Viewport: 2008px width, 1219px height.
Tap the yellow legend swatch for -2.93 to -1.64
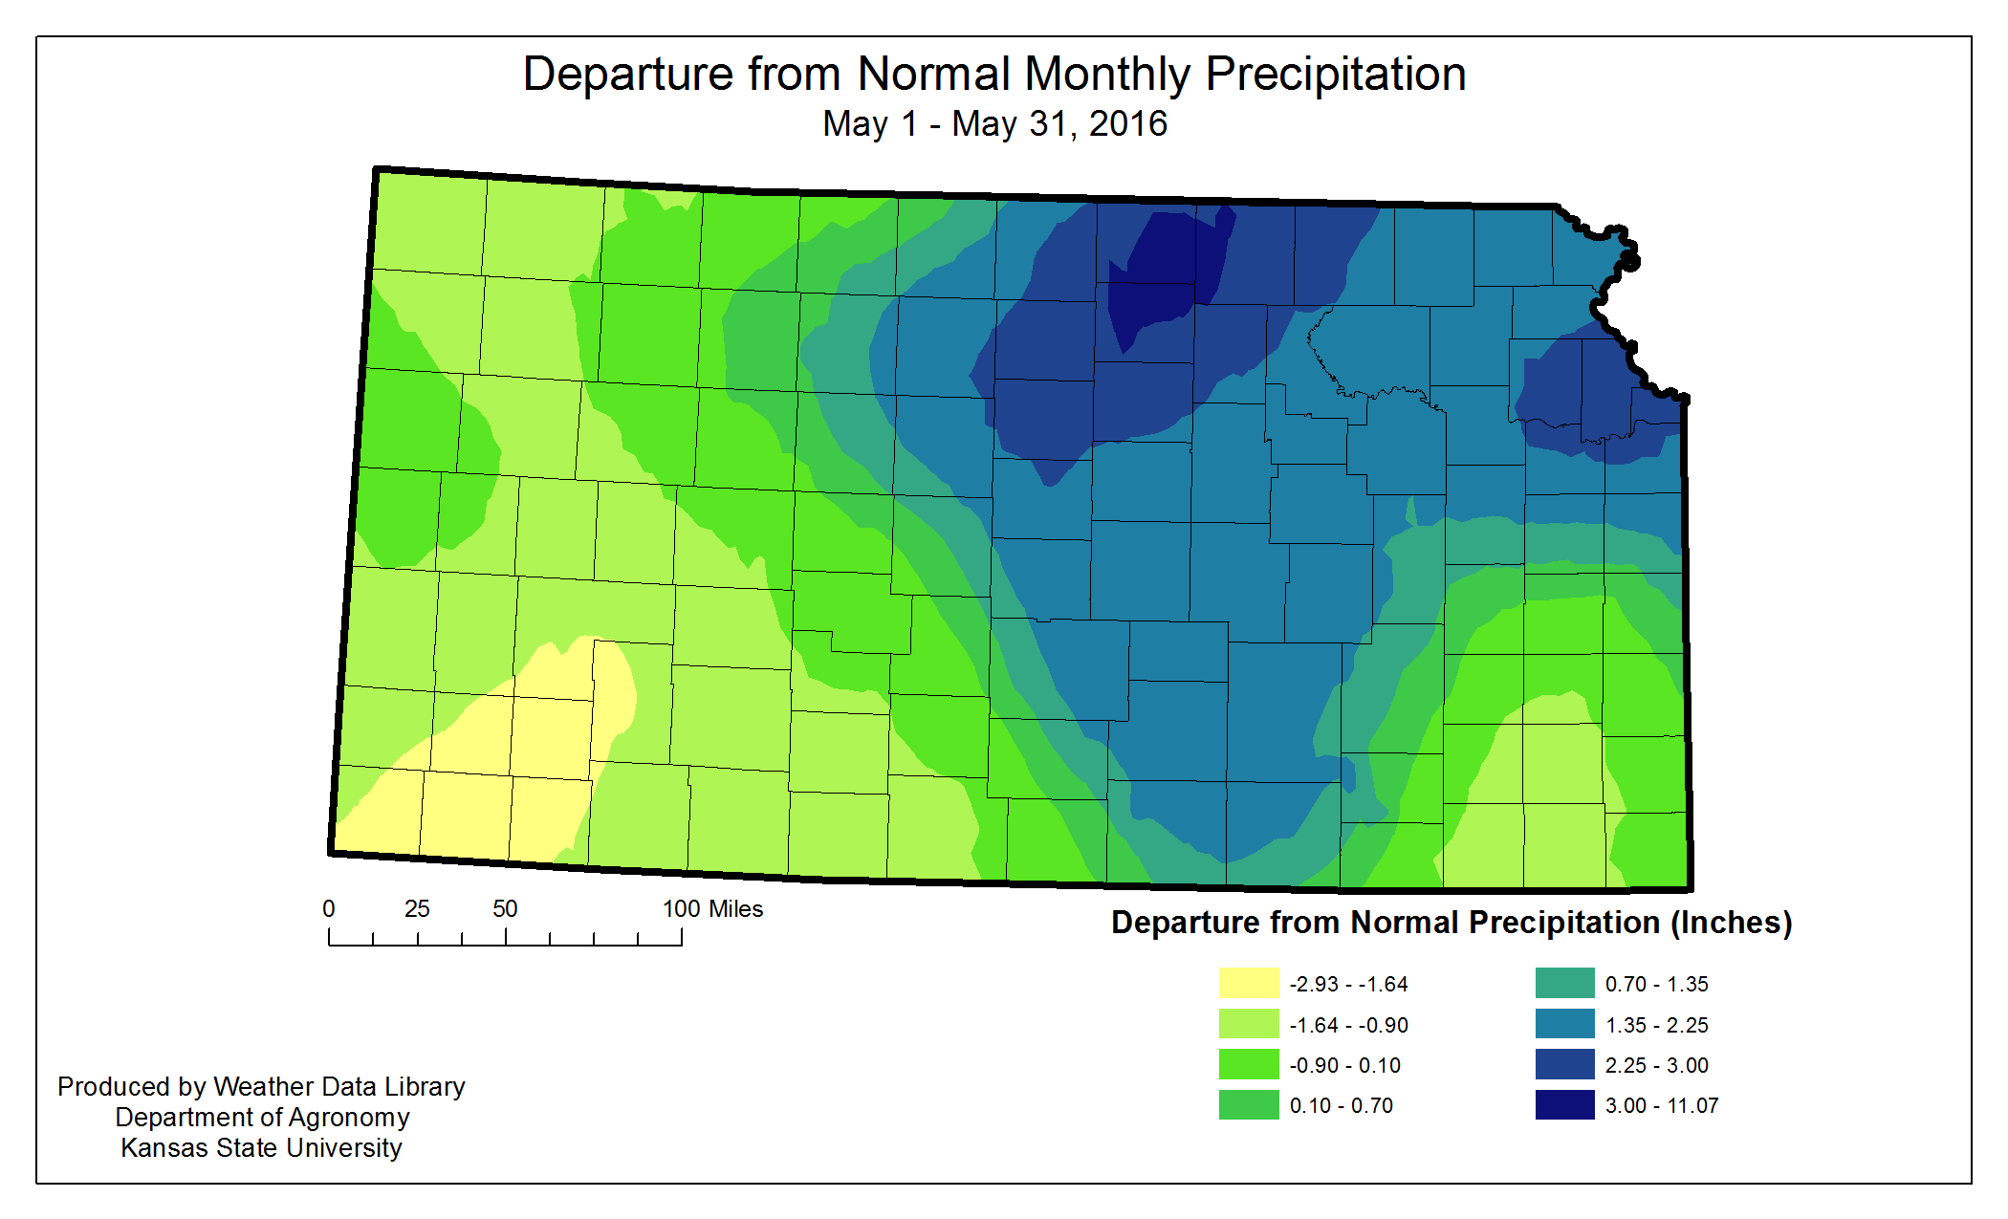tap(1248, 983)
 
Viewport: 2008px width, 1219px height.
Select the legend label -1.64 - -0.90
tap(1348, 1025)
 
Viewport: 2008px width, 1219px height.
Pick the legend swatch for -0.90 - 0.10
tap(1248, 1064)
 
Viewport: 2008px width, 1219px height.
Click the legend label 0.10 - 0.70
tap(1341, 1105)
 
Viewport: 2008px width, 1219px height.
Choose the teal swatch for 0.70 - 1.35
tap(1564, 983)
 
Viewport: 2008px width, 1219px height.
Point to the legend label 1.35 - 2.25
tap(1656, 1025)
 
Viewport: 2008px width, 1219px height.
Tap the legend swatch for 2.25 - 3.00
tap(1564, 1064)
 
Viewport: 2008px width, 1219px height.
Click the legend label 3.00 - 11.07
tap(1661, 1105)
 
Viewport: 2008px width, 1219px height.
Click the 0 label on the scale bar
tap(329, 908)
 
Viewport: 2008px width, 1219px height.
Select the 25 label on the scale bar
tap(417, 908)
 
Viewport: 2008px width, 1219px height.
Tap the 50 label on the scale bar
tap(505, 908)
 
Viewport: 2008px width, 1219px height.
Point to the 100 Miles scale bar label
tap(712, 908)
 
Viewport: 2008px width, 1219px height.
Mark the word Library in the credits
tap(425, 1087)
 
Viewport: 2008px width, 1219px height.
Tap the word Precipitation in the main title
tap(1335, 75)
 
